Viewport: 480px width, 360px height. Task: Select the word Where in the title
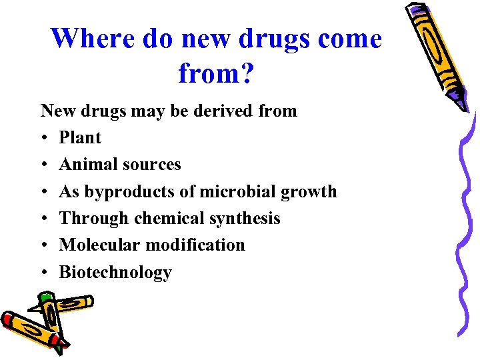pos(92,39)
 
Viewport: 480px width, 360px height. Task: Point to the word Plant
pos(80,138)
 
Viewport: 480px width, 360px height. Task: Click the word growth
pos(309,192)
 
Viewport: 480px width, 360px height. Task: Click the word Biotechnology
pos(115,273)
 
